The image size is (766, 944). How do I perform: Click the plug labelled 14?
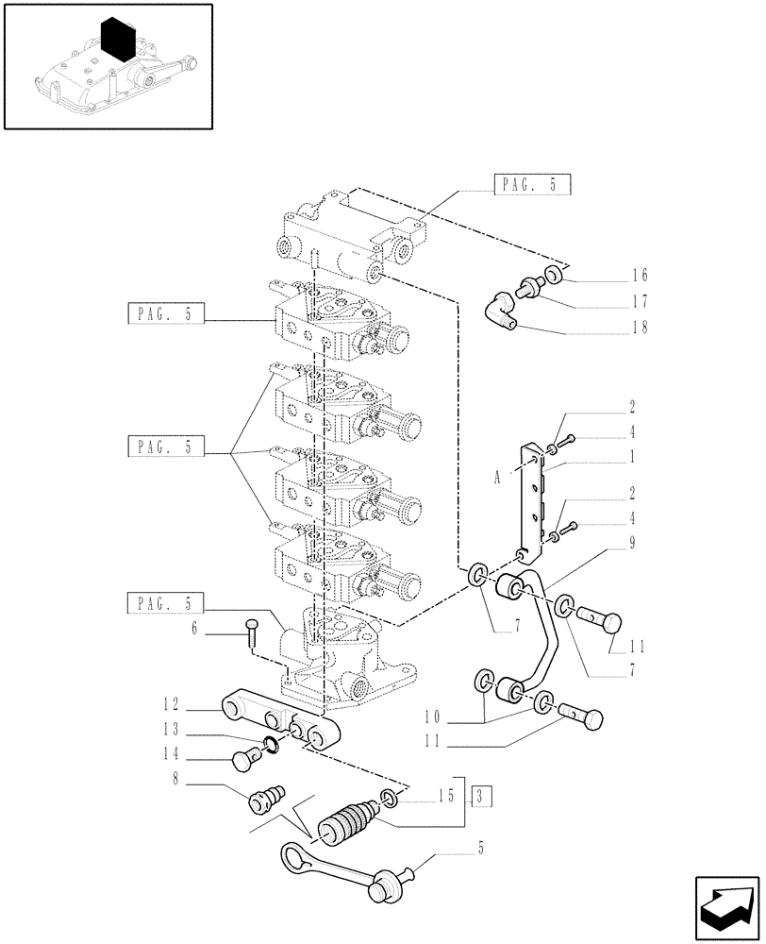(244, 756)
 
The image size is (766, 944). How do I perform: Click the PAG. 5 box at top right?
(533, 185)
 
